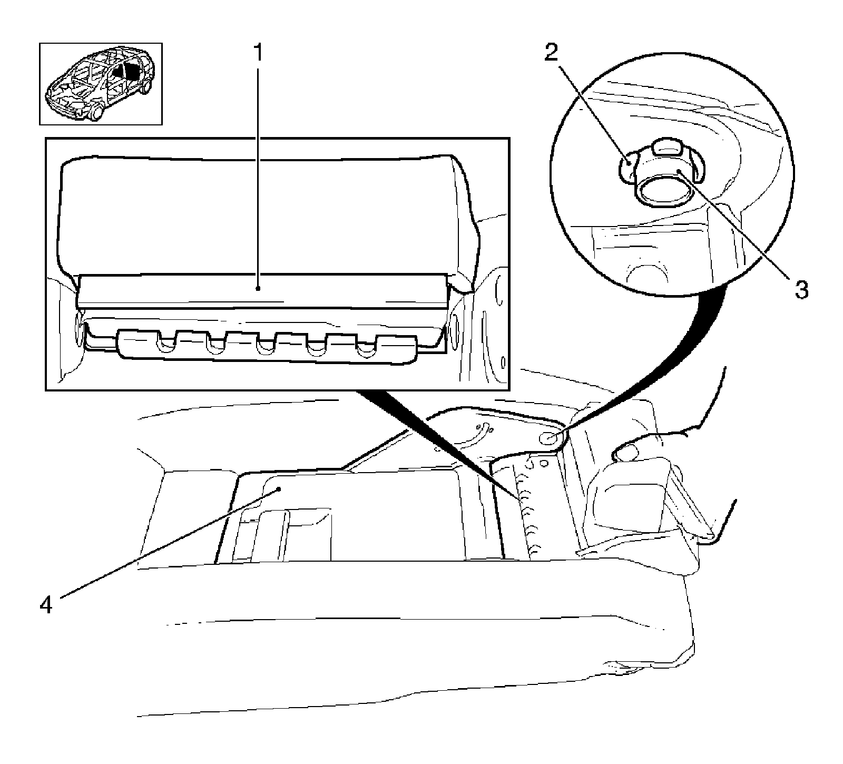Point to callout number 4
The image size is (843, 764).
point(46,604)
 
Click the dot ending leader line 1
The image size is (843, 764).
point(258,288)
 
